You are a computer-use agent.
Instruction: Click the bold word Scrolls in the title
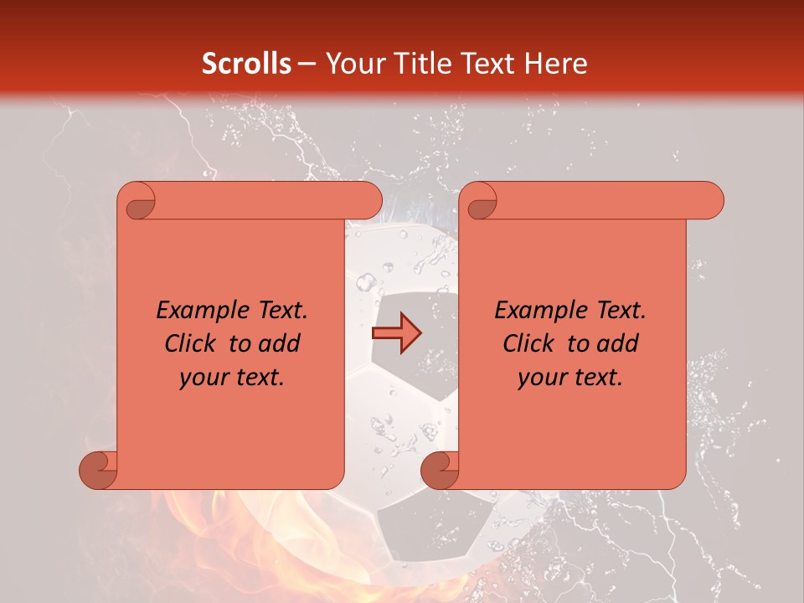click(247, 64)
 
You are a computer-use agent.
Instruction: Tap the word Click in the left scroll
click(192, 343)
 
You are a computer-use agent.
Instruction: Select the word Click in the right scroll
click(530, 343)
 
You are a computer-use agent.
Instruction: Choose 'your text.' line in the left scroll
click(232, 378)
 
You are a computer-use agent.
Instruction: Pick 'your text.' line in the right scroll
click(570, 378)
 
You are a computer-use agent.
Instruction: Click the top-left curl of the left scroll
click(137, 202)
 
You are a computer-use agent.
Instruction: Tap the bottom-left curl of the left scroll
click(98, 470)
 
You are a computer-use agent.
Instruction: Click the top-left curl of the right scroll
click(479, 202)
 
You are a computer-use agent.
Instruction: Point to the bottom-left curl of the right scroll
click(440, 470)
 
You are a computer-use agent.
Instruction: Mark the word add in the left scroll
click(279, 343)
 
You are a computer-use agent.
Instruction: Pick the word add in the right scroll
click(617, 343)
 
